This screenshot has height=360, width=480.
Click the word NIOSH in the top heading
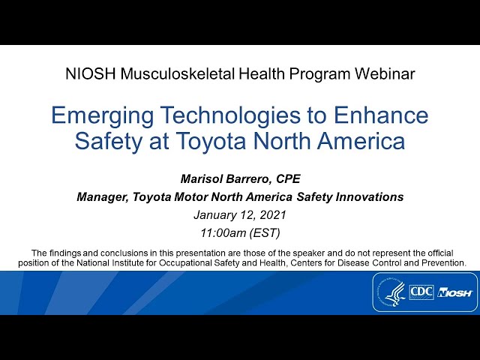click(90, 74)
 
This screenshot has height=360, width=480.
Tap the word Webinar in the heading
click(385, 74)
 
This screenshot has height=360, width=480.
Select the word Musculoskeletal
click(178, 74)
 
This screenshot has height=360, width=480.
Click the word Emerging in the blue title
click(102, 116)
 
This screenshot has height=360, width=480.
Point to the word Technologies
click(230, 115)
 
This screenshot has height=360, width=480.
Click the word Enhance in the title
click(381, 115)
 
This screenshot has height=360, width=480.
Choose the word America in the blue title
click(361, 140)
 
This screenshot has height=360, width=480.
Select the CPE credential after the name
click(288, 178)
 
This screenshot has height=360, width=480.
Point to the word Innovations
click(370, 196)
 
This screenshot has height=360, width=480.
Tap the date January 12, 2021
click(240, 215)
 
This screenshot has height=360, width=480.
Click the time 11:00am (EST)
click(240, 233)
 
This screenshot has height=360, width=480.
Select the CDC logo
click(421, 292)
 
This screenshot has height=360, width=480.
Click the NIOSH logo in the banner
click(455, 292)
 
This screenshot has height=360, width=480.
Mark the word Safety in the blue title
click(108, 141)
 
